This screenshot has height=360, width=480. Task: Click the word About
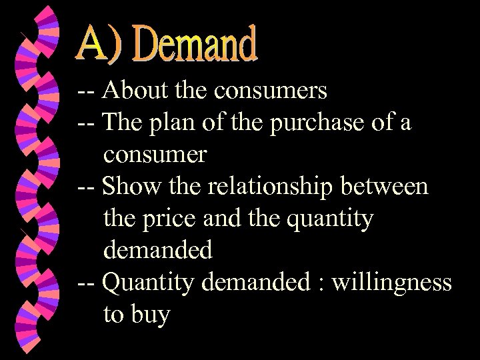(131, 90)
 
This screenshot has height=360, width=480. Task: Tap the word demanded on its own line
(158, 250)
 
